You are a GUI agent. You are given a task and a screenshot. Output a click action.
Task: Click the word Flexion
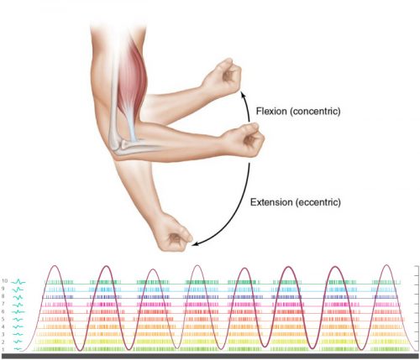[x=271, y=111]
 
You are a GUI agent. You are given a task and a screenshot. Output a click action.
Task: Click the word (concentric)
[x=315, y=112]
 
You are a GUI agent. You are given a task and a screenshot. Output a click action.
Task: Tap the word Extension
[x=271, y=202]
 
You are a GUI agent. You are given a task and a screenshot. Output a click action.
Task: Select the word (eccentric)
[x=318, y=202]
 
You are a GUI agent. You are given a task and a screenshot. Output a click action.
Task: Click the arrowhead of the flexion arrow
[x=243, y=95]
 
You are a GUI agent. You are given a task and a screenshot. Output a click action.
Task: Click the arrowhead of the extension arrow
[x=196, y=244]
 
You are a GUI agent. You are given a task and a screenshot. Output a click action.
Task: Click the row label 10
[x=4, y=281]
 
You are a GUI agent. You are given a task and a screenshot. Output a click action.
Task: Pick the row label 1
[x=3, y=350]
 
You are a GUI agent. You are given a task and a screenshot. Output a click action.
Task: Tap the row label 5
[x=3, y=319]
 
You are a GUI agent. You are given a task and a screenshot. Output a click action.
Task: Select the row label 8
[x=3, y=296]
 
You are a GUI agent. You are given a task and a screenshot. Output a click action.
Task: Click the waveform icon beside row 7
[x=18, y=305]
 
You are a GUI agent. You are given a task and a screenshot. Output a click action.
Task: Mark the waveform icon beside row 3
[x=18, y=334]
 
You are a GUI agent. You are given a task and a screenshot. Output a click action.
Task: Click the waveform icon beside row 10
[x=18, y=282]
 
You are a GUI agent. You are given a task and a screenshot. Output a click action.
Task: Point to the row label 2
[x=3, y=342]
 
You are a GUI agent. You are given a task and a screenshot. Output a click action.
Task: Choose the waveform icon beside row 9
[x=18, y=290]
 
